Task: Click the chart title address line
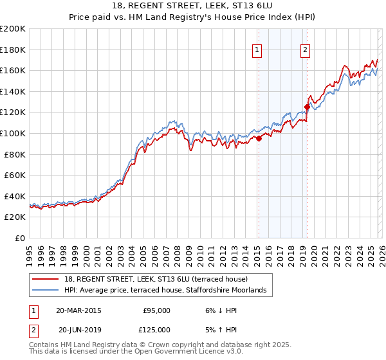tap(193, 6)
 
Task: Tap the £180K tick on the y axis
tap(13, 50)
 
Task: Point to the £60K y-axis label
tap(14, 175)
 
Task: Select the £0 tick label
tap(19, 238)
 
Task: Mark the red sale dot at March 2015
tap(259, 138)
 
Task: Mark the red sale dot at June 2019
tap(307, 107)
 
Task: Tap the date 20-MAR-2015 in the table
tap(78, 310)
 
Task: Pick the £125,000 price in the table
tap(156, 330)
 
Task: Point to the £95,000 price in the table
tap(156, 310)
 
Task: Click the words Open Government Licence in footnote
tap(183, 352)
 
